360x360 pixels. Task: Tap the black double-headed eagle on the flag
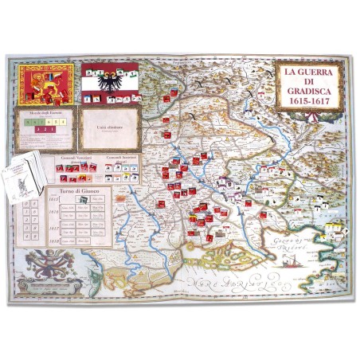click(110, 82)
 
